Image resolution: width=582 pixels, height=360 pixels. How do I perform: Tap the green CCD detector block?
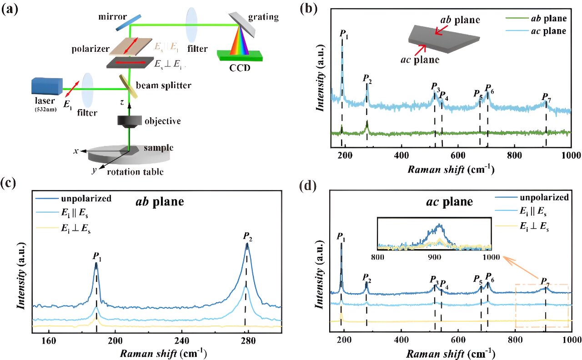click(241, 56)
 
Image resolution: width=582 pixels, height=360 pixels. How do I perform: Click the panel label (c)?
click(10, 184)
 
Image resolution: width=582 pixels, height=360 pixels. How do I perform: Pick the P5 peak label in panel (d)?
click(478, 279)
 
